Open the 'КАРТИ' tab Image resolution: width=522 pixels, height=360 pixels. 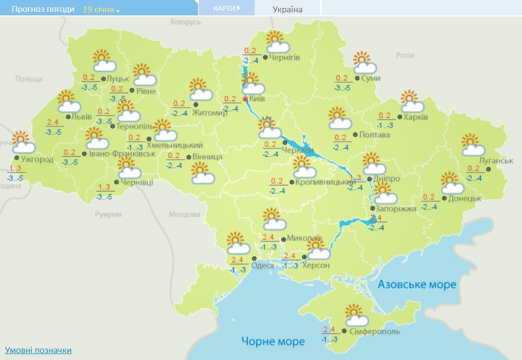[x=227, y=8]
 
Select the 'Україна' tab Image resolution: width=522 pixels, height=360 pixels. [x=288, y=9]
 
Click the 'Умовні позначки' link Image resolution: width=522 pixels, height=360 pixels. [x=38, y=350]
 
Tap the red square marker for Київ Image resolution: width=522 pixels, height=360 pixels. [x=245, y=99]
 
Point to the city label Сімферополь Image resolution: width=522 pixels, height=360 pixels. [x=374, y=331]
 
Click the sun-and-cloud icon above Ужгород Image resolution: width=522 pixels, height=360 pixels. [x=22, y=142]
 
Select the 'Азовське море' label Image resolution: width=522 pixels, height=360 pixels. [x=417, y=285]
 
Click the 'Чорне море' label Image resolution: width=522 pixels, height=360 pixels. [x=273, y=341]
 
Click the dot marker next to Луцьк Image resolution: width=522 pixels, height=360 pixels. [x=103, y=79]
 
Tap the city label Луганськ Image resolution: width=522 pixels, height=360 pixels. [x=496, y=161]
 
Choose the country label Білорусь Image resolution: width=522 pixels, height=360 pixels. [x=185, y=22]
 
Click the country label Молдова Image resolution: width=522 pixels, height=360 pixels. [x=184, y=214]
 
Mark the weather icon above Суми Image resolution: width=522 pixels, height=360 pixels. [x=364, y=62]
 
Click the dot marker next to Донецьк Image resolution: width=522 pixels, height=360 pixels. [x=444, y=198]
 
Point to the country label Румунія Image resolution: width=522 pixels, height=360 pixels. [x=108, y=214]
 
